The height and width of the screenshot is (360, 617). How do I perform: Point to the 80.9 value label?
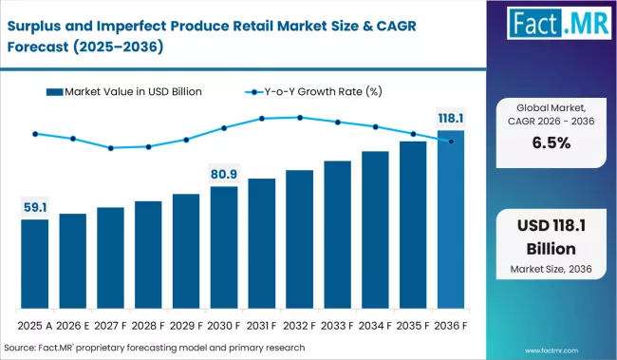tap(224, 174)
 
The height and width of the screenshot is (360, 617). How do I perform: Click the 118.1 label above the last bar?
tap(451, 118)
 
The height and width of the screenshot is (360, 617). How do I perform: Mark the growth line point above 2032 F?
tap(300, 118)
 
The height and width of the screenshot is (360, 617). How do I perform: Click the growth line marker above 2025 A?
tap(35, 134)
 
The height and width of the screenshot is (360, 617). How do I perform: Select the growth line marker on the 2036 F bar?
tap(451, 141)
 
